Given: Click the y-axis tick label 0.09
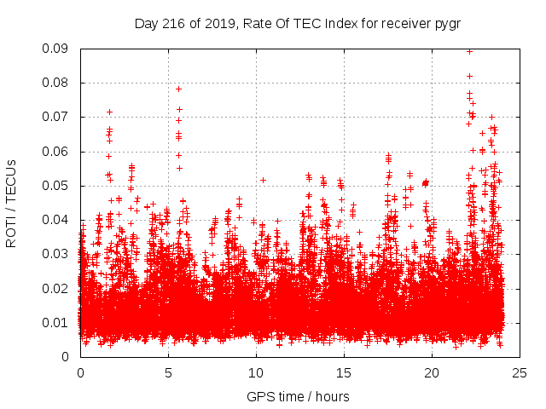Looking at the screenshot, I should point(56,49).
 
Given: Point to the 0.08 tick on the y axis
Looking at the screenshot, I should point(56,83).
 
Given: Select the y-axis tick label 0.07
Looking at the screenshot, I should point(56,117).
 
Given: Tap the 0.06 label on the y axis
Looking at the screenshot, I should point(56,152).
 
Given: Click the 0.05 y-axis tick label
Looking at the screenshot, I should point(56,186).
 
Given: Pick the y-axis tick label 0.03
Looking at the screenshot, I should point(56,254).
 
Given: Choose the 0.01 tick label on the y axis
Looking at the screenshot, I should point(56,322).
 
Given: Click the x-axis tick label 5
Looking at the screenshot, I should point(168,372).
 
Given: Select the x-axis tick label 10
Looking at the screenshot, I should point(256,372).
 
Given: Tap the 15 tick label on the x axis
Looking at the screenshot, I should point(344,372).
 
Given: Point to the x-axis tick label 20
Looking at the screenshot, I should point(432,372).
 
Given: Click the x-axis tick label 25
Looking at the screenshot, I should point(520,372).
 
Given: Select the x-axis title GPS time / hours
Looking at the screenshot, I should point(298,396).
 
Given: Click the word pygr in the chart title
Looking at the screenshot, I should point(446,23).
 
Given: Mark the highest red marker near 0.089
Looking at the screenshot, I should point(469,51).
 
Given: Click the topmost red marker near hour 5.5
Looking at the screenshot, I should point(178,89).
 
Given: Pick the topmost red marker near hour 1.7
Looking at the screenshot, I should point(109,112).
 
